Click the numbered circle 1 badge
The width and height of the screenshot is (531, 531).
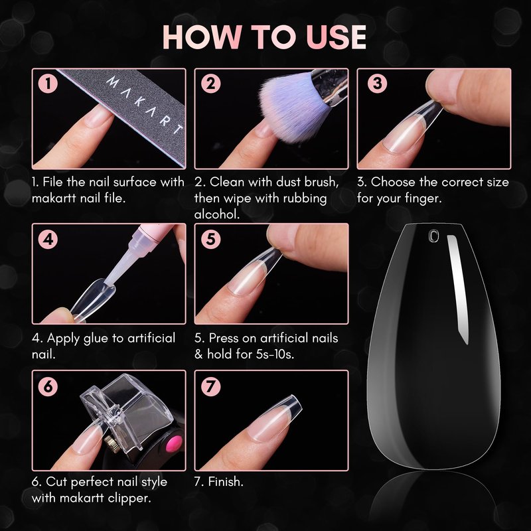(48, 84)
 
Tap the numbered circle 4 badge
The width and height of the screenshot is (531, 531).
(48, 239)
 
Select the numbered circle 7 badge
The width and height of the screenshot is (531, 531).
(210, 386)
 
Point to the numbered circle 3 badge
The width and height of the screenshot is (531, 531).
(377, 84)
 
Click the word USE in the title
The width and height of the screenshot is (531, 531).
(336, 37)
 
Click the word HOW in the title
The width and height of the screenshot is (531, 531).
(202, 37)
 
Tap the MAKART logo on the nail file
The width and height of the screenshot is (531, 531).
(145, 106)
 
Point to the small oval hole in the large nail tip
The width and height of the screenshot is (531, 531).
(433, 236)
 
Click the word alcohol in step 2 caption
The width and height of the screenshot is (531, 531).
(217, 214)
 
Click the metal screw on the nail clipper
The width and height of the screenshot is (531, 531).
(109, 441)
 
